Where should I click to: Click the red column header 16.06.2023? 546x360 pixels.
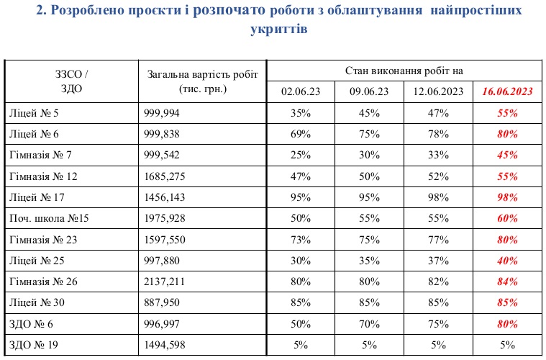point(508,91)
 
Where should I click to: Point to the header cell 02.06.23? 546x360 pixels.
point(301,91)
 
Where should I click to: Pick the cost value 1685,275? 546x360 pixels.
point(166,176)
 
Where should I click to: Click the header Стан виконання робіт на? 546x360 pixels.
point(404,71)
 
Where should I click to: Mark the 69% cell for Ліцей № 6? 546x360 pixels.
point(301,134)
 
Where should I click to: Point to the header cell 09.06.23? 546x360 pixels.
point(369,91)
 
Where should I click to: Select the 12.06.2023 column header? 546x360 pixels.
point(438,91)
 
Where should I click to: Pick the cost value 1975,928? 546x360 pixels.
point(166,217)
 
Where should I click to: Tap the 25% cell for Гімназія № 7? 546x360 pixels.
point(301,155)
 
